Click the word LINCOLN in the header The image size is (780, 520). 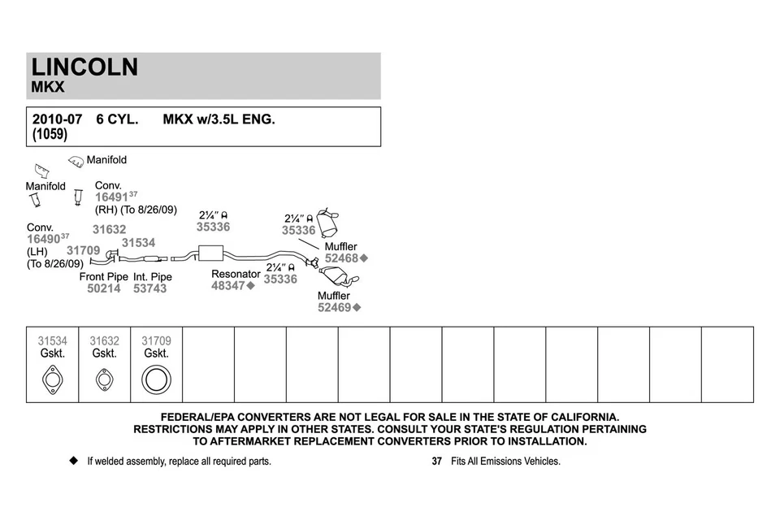click(84, 67)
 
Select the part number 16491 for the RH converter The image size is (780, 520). click(111, 197)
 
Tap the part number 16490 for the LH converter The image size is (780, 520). click(43, 239)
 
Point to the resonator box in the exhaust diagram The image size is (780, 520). click(211, 252)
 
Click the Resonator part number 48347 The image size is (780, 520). click(227, 286)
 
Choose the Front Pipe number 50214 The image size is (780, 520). click(103, 288)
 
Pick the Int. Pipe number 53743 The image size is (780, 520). click(149, 288)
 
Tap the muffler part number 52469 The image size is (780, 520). click(334, 308)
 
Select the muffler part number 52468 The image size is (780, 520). click(341, 258)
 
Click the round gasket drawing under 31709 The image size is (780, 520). click(156, 379)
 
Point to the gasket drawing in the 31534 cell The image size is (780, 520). click(52, 379)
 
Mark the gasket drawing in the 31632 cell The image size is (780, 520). click(104, 379)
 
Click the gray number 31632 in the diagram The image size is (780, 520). click(109, 230)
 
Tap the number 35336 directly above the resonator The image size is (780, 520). click(213, 227)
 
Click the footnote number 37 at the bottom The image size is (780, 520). click(436, 461)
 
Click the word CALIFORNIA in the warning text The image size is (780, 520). click(574, 416)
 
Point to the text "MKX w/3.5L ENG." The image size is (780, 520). click(219, 119)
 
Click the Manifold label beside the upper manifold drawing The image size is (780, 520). click(106, 160)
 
